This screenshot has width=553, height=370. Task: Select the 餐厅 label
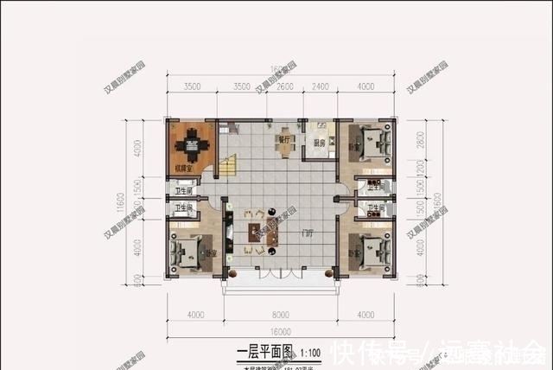284,137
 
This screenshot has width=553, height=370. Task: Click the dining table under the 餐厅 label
284,146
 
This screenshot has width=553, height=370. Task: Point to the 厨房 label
319,144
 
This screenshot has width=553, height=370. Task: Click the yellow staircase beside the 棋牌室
230,165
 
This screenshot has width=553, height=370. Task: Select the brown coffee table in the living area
257,233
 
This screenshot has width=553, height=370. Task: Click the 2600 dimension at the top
286,86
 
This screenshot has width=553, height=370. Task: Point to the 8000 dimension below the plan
276,314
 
